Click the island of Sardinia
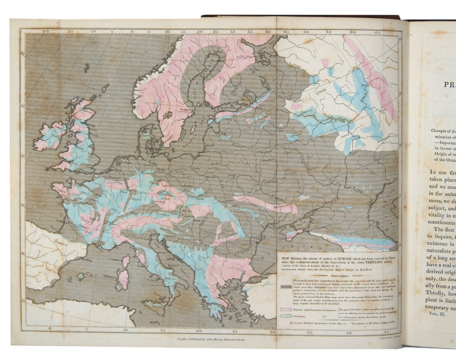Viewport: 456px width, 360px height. tap(123, 280)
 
